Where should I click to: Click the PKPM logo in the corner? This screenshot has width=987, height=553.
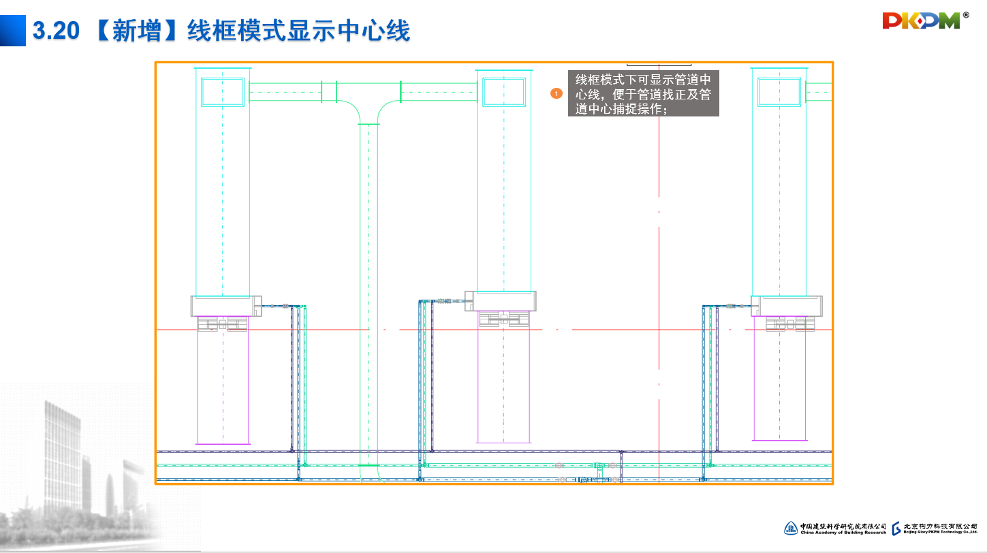(x=922, y=21)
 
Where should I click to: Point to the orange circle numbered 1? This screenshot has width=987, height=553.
(x=557, y=93)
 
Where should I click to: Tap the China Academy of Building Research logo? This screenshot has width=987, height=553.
(x=836, y=528)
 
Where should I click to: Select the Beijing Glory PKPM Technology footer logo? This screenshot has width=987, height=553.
(x=935, y=528)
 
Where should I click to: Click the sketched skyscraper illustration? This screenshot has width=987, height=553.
(x=75, y=463)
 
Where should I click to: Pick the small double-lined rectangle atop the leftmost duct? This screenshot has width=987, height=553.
(x=223, y=92)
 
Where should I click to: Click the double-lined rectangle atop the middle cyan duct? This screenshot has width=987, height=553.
(x=503, y=92)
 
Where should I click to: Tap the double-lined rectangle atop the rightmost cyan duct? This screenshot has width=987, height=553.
(x=779, y=92)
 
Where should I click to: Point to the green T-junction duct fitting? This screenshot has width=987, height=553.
(x=369, y=109)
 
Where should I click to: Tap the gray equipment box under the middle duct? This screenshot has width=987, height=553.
(x=501, y=300)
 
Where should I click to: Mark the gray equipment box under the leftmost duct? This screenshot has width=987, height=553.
(x=226, y=306)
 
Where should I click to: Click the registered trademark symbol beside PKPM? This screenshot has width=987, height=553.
(x=965, y=14)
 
